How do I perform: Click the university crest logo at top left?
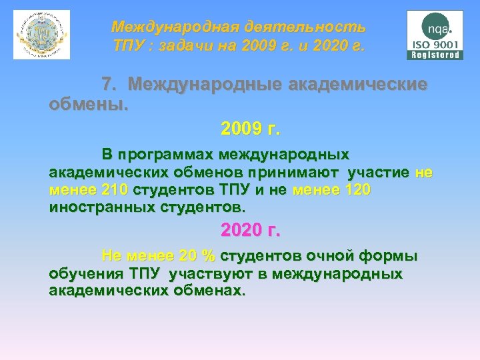point(41,34)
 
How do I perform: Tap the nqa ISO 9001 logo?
point(435,35)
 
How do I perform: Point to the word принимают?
point(305,173)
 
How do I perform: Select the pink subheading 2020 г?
point(251,231)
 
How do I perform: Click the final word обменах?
point(211,291)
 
